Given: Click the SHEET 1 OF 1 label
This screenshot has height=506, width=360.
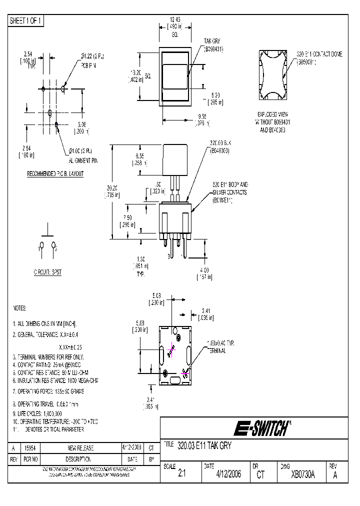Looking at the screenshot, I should pos(26,20).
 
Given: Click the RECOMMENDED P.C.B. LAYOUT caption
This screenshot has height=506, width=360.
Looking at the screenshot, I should pos(55,174).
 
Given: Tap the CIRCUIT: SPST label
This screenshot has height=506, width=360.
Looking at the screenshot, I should pos(47,272).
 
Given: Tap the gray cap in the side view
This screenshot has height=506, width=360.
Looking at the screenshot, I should pos(175,160).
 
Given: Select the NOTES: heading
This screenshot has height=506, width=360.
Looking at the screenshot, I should pos(19,308).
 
